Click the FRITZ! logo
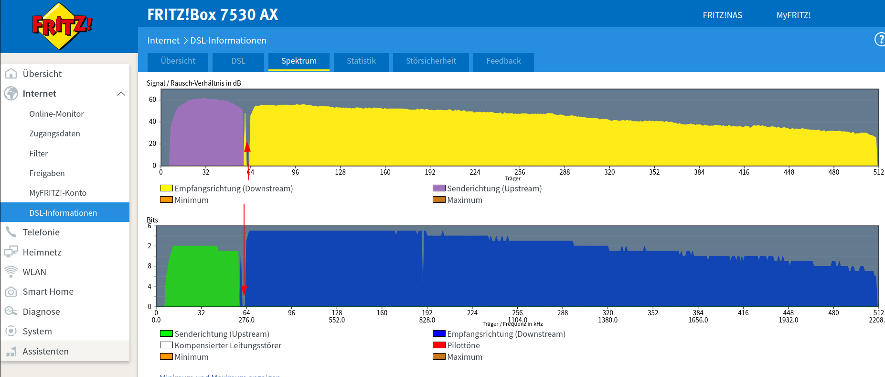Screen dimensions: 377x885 [x=62, y=26]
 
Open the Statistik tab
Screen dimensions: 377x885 [x=361, y=61]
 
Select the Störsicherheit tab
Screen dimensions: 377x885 [x=431, y=61]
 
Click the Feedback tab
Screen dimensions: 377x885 [x=503, y=61]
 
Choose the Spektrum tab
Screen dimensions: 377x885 [x=299, y=61]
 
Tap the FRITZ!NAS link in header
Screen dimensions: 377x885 [x=722, y=15]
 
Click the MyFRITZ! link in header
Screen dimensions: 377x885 [x=793, y=15]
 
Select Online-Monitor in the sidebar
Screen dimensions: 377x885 [x=56, y=114]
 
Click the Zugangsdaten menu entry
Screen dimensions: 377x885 [x=54, y=133]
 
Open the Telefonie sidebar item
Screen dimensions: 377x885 [x=41, y=233]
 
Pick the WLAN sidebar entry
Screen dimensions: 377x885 [x=34, y=272]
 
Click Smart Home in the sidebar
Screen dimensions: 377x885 [x=48, y=292]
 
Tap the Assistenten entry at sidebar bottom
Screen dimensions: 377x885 [x=45, y=352]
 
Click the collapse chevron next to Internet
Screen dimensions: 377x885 [x=121, y=94]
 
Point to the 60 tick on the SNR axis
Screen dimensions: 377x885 [x=152, y=100]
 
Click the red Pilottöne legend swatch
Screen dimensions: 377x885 [x=439, y=345]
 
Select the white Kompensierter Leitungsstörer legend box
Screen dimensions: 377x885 [x=166, y=345]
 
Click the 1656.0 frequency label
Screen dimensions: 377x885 [x=698, y=320]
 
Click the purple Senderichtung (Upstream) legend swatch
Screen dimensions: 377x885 [x=439, y=188]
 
